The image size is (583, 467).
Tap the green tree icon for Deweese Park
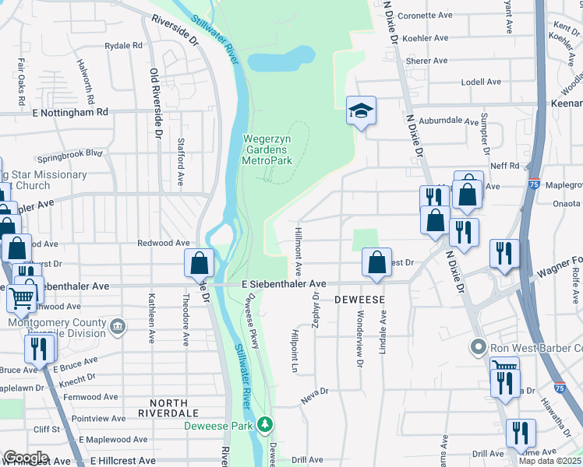point(266,424)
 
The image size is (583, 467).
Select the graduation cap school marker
point(361,111)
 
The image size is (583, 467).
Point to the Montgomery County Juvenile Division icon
point(117,324)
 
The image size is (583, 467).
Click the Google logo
point(26,458)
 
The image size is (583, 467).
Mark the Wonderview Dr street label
point(359,341)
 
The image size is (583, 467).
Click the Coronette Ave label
point(425,15)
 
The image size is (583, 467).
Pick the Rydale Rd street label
point(123,45)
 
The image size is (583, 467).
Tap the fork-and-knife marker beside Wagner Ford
point(503,253)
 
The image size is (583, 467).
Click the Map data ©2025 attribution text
point(549,461)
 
